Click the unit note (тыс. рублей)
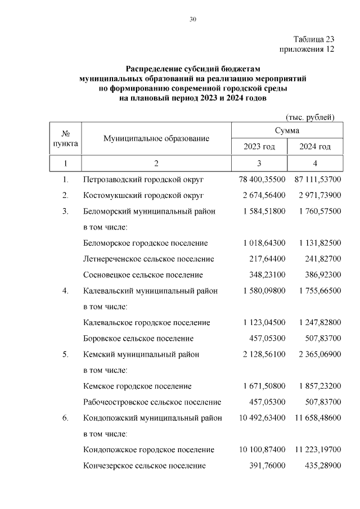tap(310, 117)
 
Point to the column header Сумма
tap(287, 130)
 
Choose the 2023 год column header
tap(259, 147)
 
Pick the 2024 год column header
tap(315, 147)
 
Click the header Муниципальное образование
tap(156, 138)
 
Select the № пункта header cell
tap(65, 138)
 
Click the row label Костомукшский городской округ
tap(143, 195)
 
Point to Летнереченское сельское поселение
tap(148, 259)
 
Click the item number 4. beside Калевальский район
tap(65, 291)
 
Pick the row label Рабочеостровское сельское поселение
tap(152, 402)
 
